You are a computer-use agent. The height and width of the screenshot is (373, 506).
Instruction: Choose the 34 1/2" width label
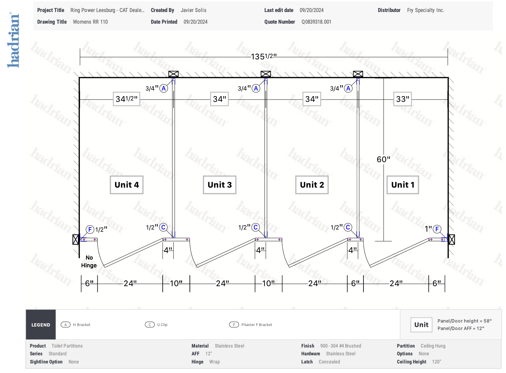tap(127, 99)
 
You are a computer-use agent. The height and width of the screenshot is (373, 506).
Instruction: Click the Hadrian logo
tap(13, 40)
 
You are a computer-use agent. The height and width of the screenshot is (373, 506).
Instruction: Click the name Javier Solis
tap(194, 10)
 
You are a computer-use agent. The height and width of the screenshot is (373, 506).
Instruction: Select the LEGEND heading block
tap(41, 325)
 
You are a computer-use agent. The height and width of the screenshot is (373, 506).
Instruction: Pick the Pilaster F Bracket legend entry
tap(251, 325)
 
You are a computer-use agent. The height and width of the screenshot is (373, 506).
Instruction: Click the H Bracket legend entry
tap(76, 325)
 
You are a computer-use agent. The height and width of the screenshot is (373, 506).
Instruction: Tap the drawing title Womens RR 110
tap(90, 22)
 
